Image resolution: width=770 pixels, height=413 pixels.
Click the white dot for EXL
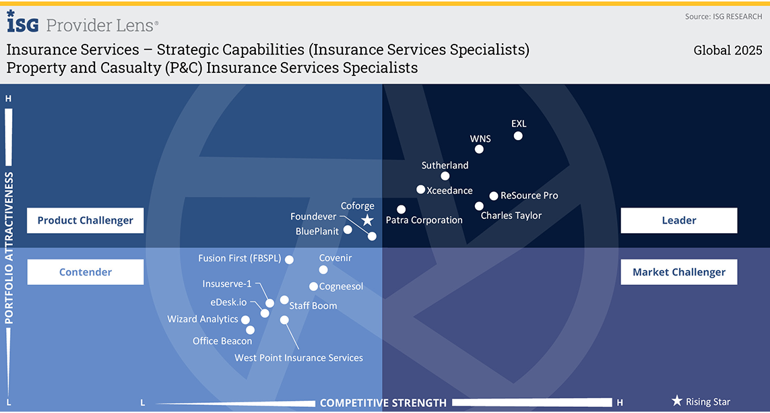click(x=518, y=136)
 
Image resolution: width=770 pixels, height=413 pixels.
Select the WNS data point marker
click(x=479, y=150)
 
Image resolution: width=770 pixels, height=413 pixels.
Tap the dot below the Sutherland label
click(x=445, y=176)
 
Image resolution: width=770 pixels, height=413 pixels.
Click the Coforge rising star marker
click(x=367, y=220)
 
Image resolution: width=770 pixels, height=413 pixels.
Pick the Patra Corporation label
click(x=424, y=220)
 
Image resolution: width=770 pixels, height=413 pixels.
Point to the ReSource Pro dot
click(x=494, y=196)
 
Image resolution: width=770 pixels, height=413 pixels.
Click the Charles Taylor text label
click(x=511, y=216)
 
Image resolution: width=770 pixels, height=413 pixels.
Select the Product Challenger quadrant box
click(x=86, y=220)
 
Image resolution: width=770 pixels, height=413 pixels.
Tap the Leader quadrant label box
click(x=678, y=220)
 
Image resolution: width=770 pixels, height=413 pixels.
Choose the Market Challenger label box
click(x=678, y=272)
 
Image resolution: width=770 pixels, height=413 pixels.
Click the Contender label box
click(x=86, y=272)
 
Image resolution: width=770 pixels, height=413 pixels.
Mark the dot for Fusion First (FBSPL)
click(x=289, y=260)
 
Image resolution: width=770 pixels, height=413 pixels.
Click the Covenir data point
click(x=323, y=269)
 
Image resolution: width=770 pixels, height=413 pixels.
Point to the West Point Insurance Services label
click(x=298, y=358)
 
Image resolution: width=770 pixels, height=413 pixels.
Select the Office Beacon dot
click(x=250, y=330)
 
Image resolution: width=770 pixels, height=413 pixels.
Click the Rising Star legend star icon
click(x=677, y=401)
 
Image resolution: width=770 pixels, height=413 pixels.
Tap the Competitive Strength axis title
click(x=383, y=403)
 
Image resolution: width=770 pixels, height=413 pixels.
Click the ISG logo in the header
click(x=23, y=22)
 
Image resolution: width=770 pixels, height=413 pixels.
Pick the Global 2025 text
click(x=728, y=50)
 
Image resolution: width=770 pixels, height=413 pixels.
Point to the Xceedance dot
click(x=421, y=189)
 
